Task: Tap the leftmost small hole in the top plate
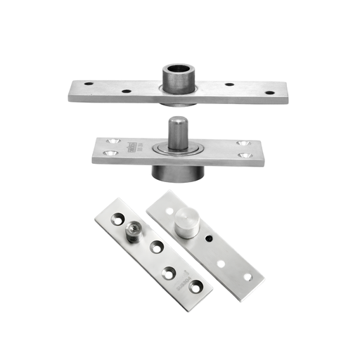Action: tap(89, 84)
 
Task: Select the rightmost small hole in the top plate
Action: tap(268, 92)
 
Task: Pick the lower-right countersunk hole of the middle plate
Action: tap(243, 155)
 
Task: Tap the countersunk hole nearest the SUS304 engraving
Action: tap(195, 285)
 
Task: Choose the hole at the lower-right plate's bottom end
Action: tap(248, 277)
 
